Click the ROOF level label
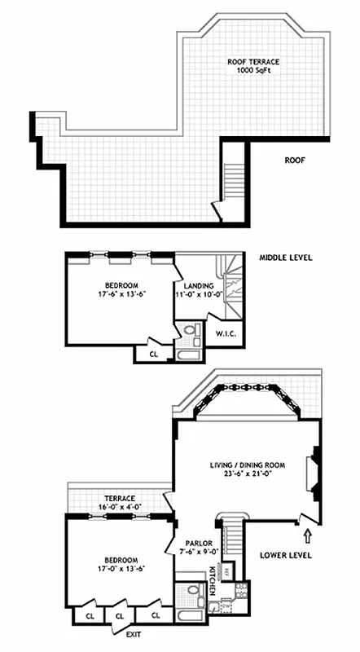pyautogui.click(x=295, y=161)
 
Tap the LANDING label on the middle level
pyautogui.click(x=198, y=286)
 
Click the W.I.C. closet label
pyautogui.click(x=225, y=334)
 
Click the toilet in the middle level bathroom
pyautogui.click(x=192, y=330)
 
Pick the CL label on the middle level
pyautogui.click(x=154, y=355)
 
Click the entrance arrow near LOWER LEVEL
pyautogui.click(x=307, y=535)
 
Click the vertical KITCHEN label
pyautogui.click(x=211, y=577)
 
